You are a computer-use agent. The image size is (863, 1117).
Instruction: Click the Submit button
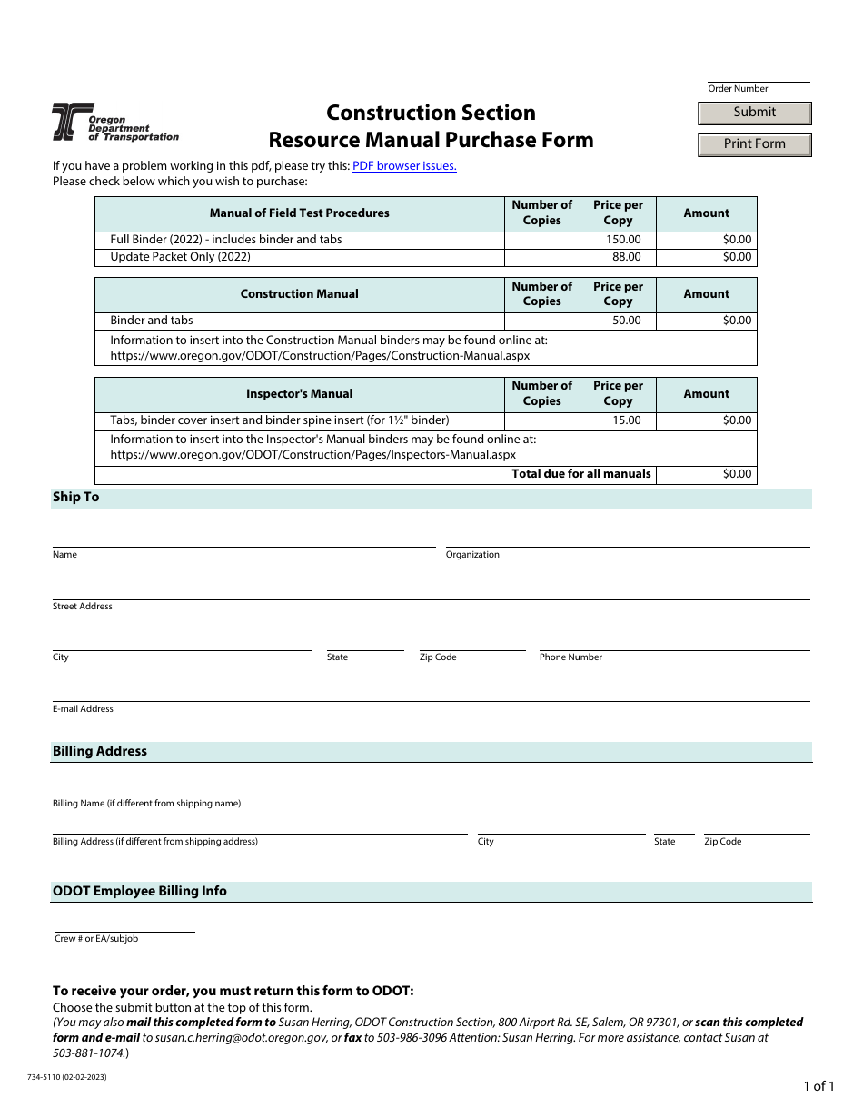[x=754, y=113]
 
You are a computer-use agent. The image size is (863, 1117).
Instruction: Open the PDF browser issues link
[x=404, y=166]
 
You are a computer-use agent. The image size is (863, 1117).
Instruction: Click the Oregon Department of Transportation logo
[x=114, y=122]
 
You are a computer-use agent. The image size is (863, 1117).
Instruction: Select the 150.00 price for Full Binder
[x=623, y=240]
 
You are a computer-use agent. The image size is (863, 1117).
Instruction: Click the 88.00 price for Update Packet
[x=626, y=257]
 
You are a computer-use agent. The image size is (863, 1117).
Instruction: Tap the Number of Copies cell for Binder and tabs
[x=541, y=321]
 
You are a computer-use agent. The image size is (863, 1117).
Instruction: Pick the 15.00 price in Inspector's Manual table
[x=626, y=420]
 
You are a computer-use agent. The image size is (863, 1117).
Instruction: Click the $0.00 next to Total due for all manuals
[x=737, y=474]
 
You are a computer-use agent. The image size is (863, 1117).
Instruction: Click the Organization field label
[x=472, y=555]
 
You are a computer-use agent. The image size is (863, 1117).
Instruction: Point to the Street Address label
[x=83, y=607]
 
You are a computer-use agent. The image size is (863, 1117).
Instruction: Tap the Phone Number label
[x=570, y=657]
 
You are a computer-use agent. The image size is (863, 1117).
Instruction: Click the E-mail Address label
[x=83, y=709]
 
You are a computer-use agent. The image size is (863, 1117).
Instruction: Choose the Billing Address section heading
[x=100, y=752]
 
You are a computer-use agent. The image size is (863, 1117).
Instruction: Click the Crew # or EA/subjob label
[x=96, y=939]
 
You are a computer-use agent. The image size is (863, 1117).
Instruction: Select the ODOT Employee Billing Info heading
[x=140, y=892]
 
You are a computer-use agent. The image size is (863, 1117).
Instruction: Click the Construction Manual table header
[x=299, y=294]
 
